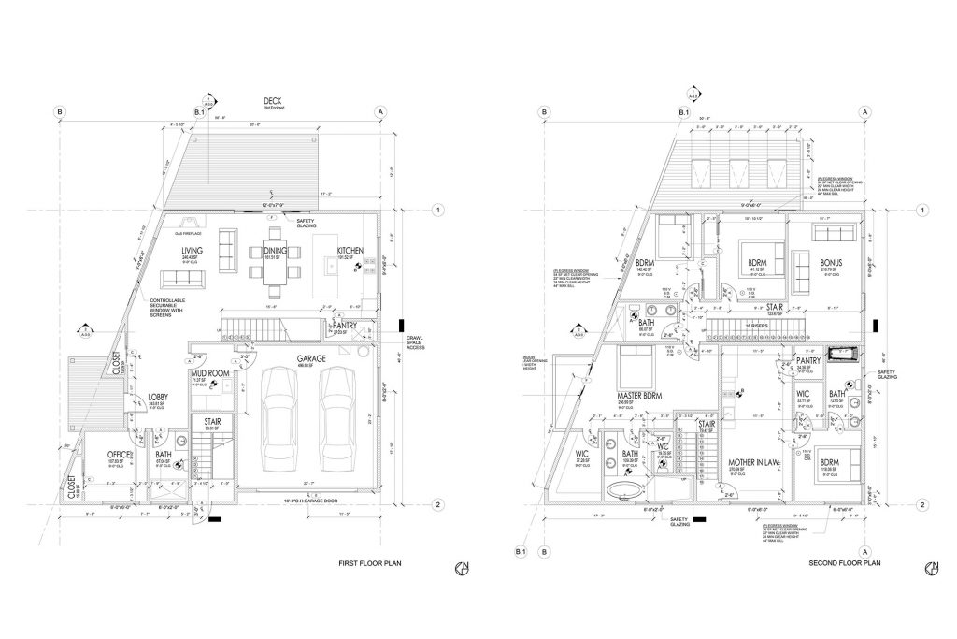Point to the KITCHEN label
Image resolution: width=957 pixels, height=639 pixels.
click(350, 251)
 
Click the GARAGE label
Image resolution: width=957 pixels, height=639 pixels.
click(310, 358)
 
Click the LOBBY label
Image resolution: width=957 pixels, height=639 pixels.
click(158, 397)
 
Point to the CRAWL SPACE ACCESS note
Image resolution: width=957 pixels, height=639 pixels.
click(418, 343)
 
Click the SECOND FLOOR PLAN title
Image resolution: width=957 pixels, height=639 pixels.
click(845, 564)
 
